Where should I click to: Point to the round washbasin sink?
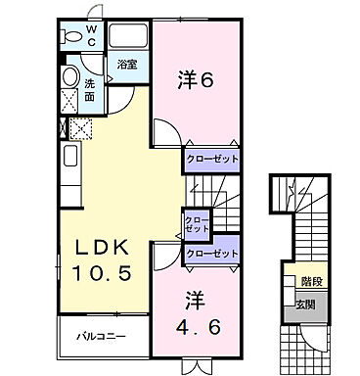(x=70, y=78)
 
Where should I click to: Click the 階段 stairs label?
(x=312, y=279)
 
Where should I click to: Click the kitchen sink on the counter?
(x=70, y=156)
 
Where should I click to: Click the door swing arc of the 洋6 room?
(x=167, y=132)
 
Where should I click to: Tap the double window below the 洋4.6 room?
(x=197, y=365)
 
